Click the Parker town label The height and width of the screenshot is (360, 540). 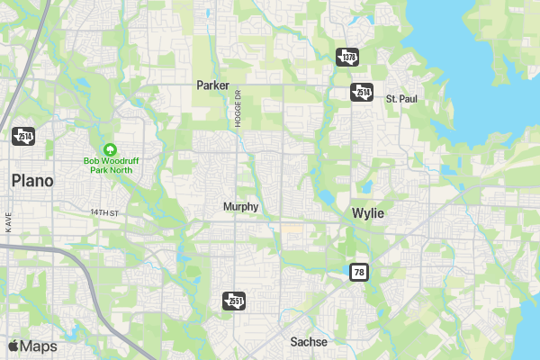[214, 85]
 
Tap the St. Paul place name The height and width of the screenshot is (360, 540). [401, 97]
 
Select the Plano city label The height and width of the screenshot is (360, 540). [32, 181]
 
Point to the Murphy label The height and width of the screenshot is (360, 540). [240, 207]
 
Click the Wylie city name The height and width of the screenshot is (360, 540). [367, 213]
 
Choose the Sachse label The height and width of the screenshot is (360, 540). [309, 342]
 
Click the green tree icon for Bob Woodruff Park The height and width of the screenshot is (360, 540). [110, 148]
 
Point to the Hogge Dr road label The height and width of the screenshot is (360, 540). [239, 109]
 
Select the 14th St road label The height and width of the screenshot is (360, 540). [104, 212]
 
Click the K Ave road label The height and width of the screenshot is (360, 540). [8, 222]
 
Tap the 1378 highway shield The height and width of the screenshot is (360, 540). [347, 57]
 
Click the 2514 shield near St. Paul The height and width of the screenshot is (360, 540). [362, 93]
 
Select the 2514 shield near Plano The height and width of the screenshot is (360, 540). [22, 136]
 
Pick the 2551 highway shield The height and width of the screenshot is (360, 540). [233, 300]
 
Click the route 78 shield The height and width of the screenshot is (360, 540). [359, 272]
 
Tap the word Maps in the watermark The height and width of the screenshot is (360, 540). [39, 346]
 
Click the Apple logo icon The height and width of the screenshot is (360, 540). [13, 346]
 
